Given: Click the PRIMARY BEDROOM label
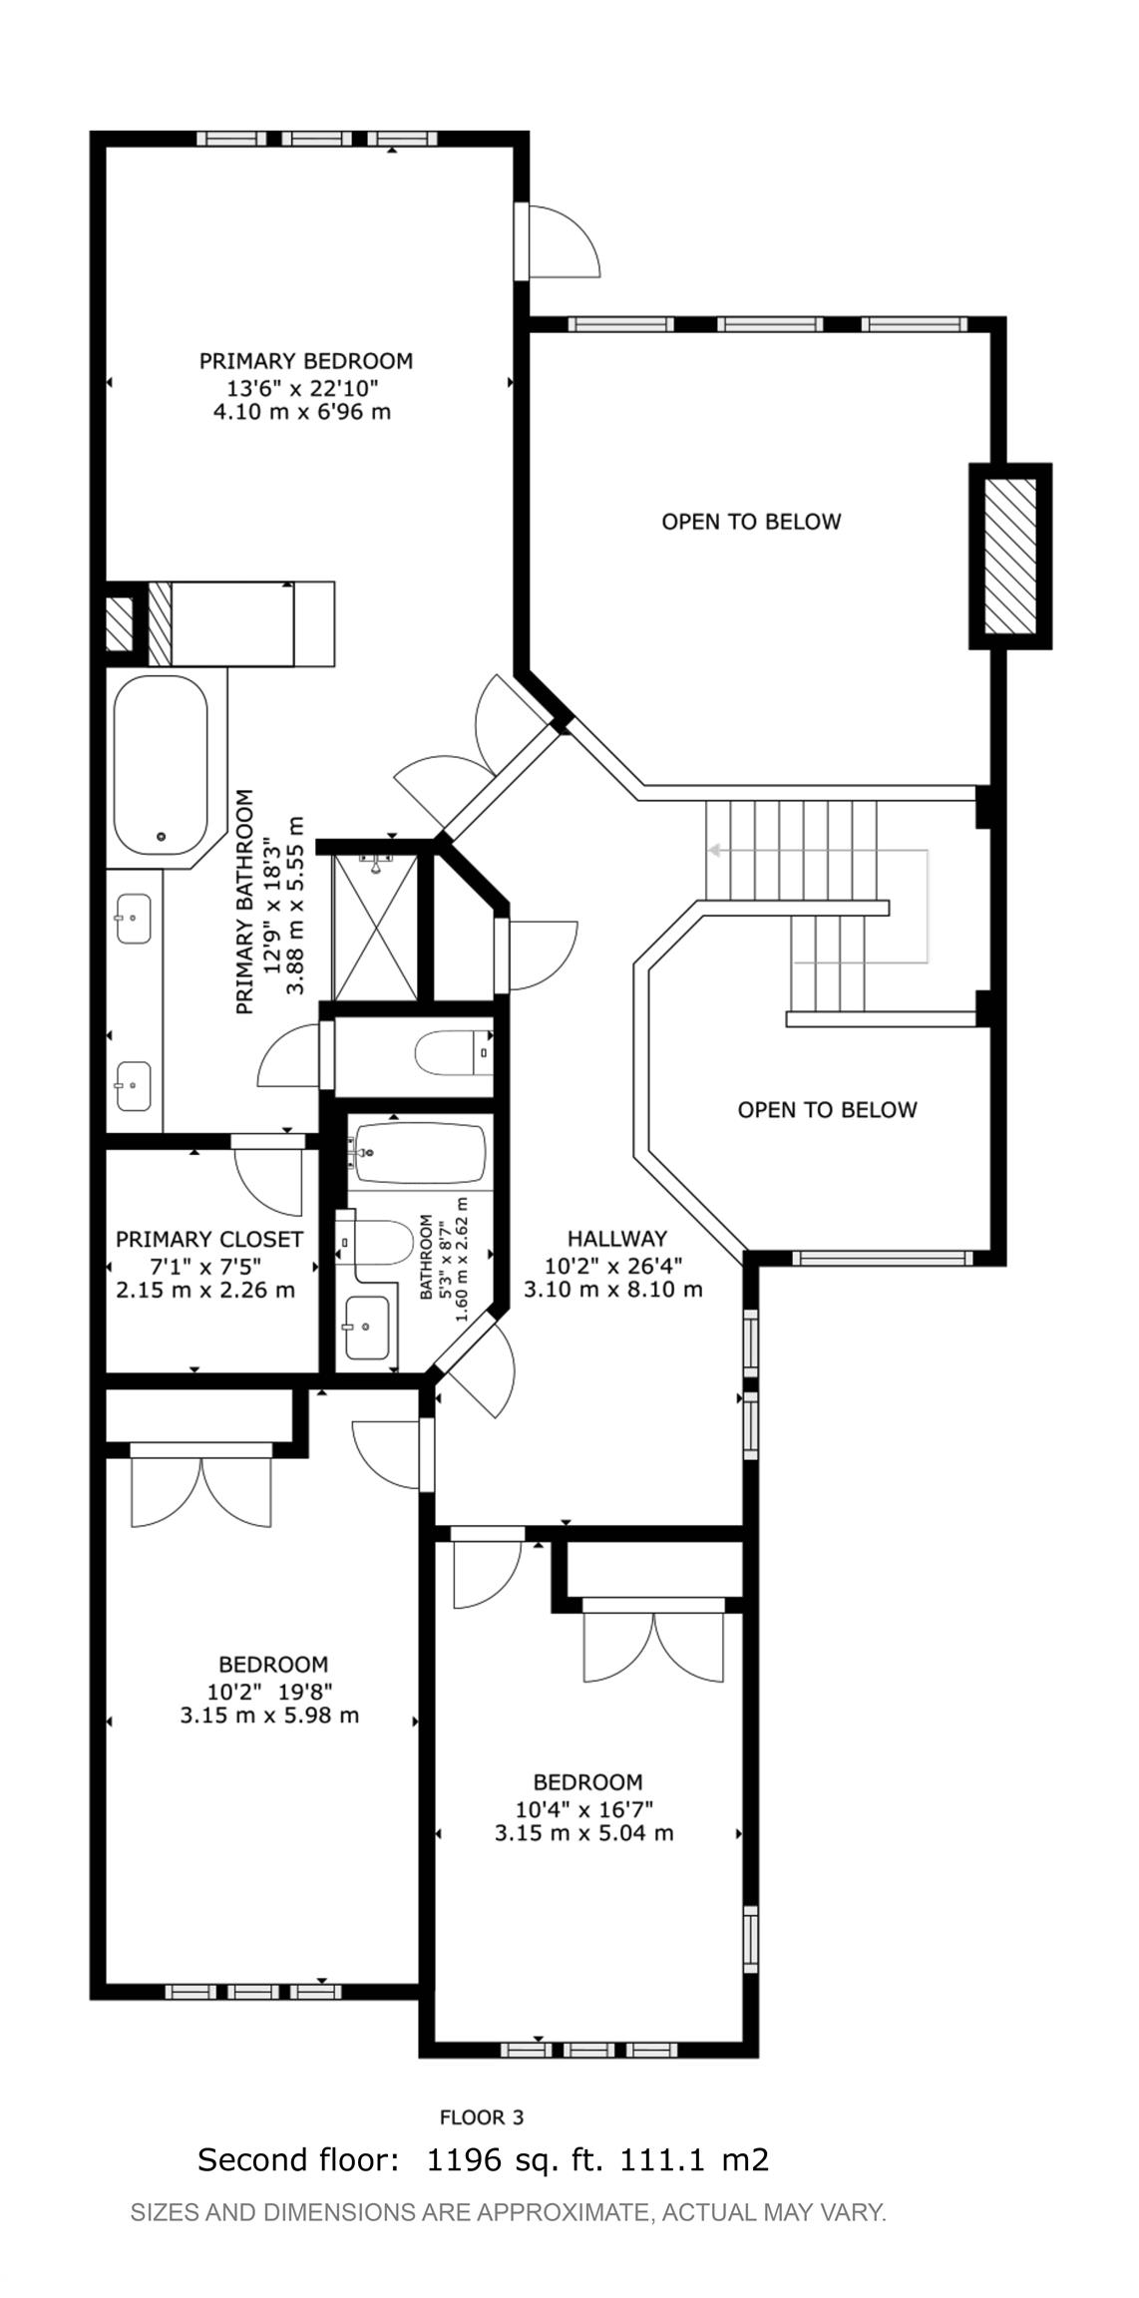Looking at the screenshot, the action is [306, 361].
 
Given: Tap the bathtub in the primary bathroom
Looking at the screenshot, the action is [161, 765].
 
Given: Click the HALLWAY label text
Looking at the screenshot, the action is [617, 1239].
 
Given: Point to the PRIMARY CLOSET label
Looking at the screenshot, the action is [209, 1240].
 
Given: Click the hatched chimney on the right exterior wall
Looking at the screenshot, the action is [1010, 556].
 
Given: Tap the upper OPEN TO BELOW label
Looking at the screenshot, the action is [751, 522].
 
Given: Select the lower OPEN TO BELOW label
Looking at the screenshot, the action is [827, 1110].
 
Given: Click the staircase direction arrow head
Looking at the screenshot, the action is [714, 851].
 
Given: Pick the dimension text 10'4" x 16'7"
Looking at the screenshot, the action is [583, 1807].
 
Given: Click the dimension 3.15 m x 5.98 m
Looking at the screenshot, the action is [269, 1716].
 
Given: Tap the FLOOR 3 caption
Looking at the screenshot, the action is [482, 2116].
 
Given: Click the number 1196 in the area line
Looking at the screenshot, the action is [464, 2159].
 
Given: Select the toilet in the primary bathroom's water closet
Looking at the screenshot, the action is [454, 1053].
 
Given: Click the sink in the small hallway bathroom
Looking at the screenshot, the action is [366, 1328].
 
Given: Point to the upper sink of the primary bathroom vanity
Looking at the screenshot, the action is [134, 918].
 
